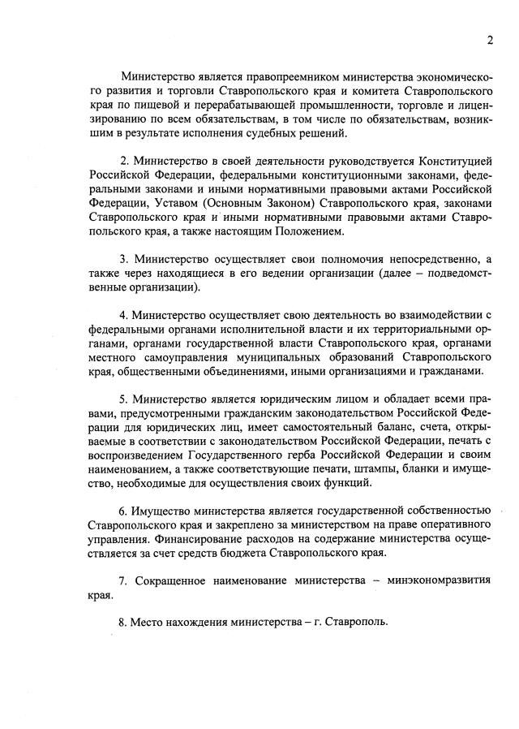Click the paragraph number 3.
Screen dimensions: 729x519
pos(123,259)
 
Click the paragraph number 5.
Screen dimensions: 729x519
pos(123,399)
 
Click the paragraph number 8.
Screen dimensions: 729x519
pos(123,624)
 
